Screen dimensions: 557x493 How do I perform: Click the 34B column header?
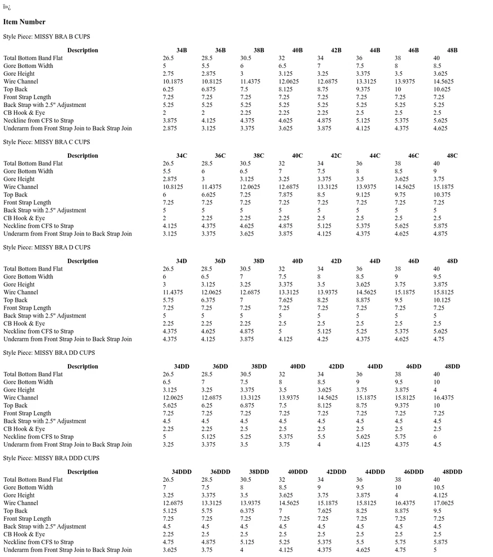coord(182,50)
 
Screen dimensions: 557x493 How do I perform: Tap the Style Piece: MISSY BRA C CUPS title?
coord(46,142)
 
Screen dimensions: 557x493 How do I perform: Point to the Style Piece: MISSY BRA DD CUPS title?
coord(49,353)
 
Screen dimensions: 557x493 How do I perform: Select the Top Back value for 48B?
coord(442,89)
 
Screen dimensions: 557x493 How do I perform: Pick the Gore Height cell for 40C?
coord(284,179)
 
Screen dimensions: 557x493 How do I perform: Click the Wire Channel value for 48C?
coord(444,187)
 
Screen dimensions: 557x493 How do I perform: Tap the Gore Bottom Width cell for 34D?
coord(165,277)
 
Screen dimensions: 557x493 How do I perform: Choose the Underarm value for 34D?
coord(170,339)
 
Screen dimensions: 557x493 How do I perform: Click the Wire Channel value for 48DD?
coord(444,398)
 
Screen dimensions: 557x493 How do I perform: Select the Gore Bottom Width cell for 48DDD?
coord(438,487)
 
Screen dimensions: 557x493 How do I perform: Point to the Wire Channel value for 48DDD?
coord(444,503)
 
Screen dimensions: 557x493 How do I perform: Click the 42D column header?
coord(336,261)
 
